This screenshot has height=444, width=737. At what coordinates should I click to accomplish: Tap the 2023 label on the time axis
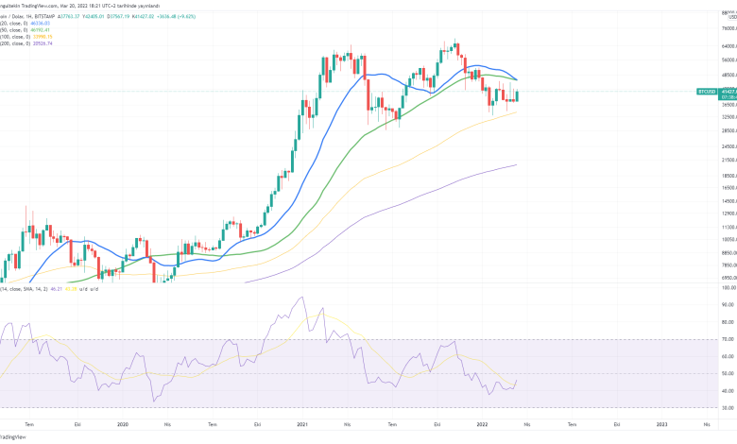pos(661,424)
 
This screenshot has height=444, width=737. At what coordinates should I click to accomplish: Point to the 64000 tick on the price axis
pos(722,45)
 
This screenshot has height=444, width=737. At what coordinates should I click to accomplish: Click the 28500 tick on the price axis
pos(722,131)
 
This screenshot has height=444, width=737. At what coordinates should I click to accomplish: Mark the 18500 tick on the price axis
pos(722,176)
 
